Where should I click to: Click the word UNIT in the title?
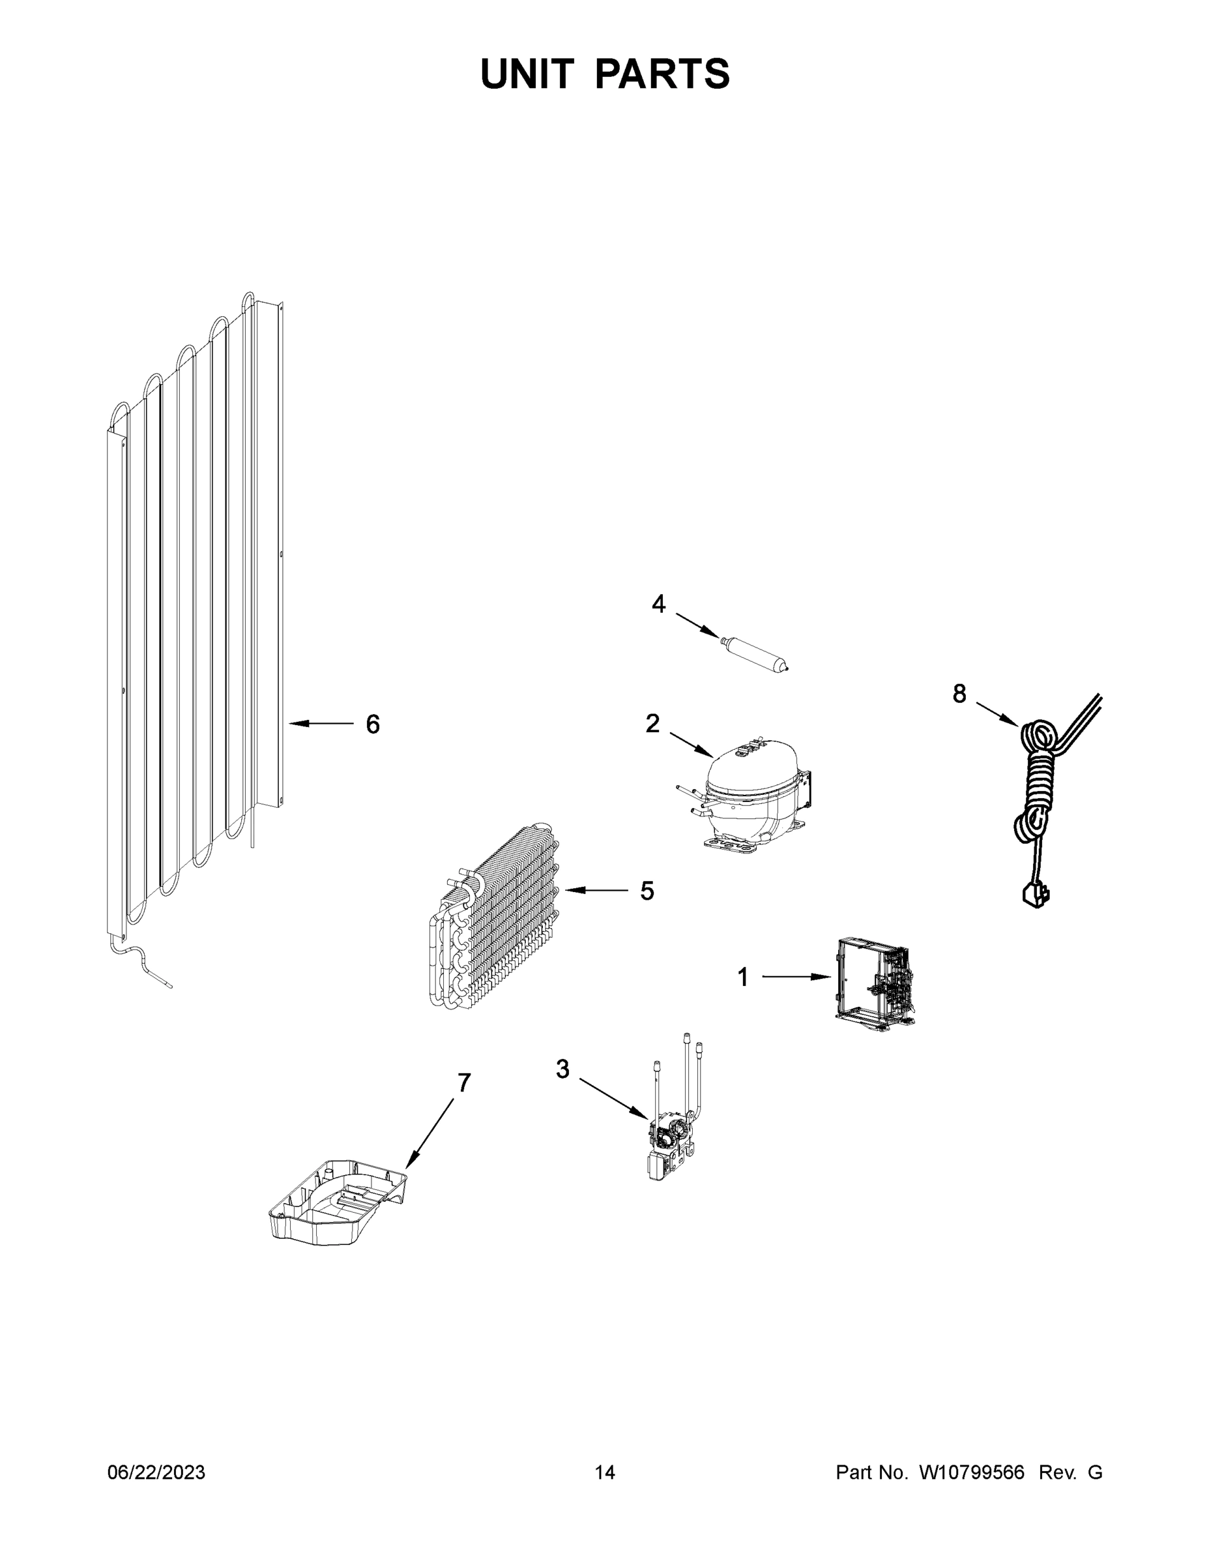click(527, 74)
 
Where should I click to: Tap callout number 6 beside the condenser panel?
click(372, 724)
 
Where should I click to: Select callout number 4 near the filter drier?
click(658, 604)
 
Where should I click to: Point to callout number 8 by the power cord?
click(959, 693)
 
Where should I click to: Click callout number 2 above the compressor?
click(652, 723)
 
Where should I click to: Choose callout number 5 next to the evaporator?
click(647, 891)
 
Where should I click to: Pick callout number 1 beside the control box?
click(743, 977)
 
